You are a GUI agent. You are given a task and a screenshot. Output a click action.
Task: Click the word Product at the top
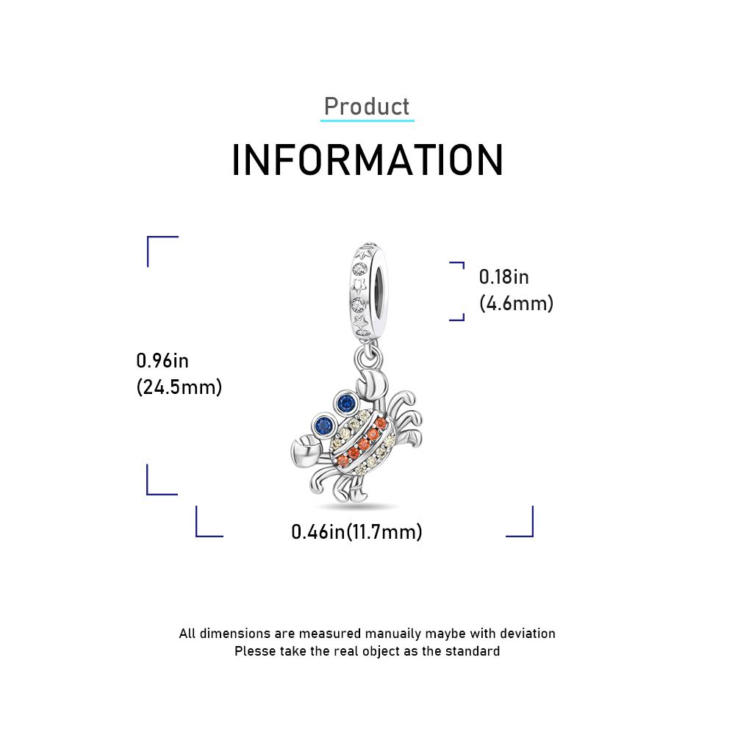click(x=367, y=107)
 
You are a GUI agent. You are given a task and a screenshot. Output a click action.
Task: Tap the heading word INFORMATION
click(x=367, y=160)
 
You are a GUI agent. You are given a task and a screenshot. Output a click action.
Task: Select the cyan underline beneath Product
click(x=367, y=121)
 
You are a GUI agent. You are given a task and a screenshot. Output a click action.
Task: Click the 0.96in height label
click(x=162, y=361)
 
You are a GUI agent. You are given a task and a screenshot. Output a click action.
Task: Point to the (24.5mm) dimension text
click(x=179, y=387)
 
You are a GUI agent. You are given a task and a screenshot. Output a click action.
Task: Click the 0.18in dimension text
click(x=503, y=277)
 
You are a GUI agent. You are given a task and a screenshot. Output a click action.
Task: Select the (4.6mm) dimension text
click(x=516, y=304)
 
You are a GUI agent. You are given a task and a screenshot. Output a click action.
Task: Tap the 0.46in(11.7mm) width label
click(x=356, y=531)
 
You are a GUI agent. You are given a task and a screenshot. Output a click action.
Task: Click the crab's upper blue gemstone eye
click(x=346, y=402)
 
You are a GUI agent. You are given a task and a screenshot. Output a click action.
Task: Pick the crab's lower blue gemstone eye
click(x=323, y=426)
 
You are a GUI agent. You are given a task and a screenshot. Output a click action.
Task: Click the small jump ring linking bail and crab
click(x=368, y=359)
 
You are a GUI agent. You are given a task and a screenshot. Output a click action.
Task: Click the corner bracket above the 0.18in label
click(x=457, y=265)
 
